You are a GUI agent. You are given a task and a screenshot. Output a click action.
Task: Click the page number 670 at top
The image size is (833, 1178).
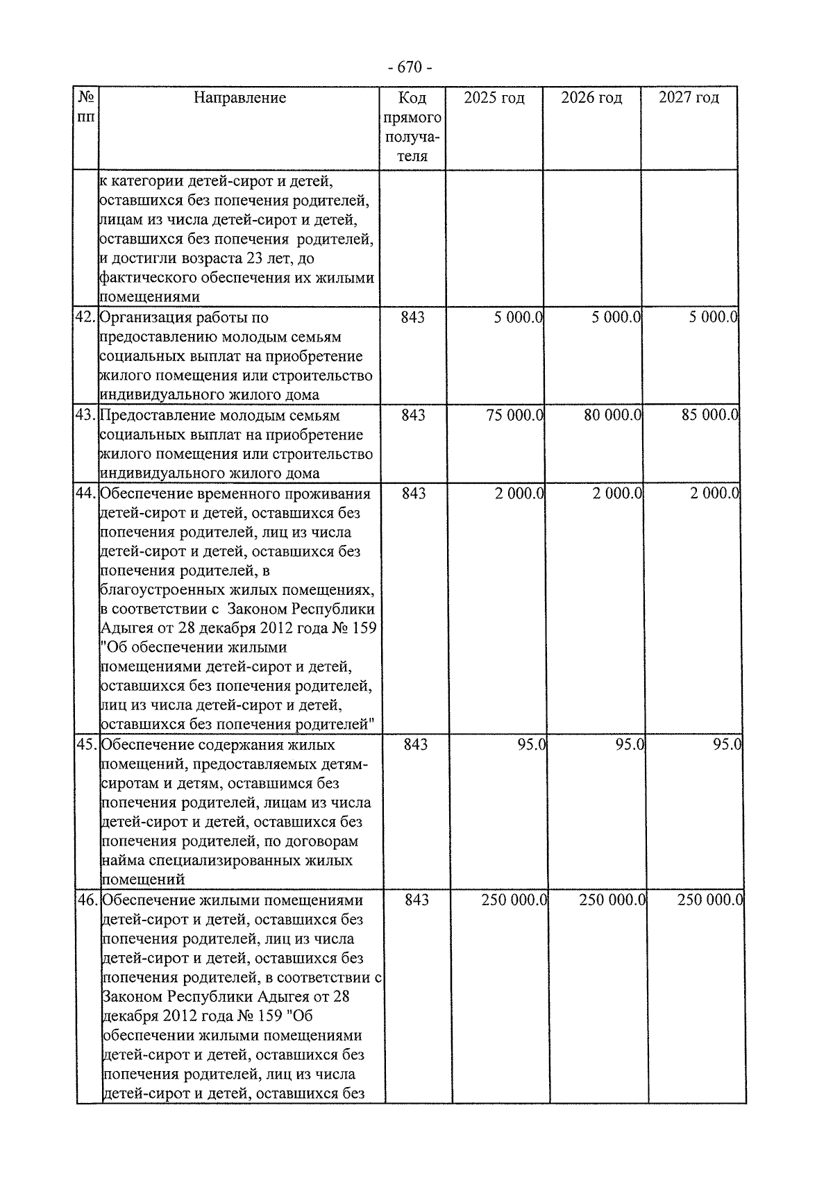410,67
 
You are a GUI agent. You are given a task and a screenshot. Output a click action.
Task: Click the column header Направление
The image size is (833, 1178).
239,98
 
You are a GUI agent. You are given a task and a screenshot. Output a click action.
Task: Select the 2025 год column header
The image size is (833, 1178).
494,98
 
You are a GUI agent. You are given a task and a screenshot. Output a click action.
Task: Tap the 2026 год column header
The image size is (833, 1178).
591,98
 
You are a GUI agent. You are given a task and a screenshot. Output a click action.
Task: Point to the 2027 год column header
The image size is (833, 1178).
689,98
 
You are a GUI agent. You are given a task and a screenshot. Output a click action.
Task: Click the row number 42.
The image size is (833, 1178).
85,318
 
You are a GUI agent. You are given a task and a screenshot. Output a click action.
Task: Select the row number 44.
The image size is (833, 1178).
85,494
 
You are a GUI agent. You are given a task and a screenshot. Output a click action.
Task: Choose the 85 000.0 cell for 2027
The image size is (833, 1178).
709,416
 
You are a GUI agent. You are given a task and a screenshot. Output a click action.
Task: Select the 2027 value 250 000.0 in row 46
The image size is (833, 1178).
710,900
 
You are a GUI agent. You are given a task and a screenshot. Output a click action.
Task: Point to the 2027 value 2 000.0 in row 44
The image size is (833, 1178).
714,494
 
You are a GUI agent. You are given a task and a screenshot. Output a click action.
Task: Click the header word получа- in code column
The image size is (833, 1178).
413,137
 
